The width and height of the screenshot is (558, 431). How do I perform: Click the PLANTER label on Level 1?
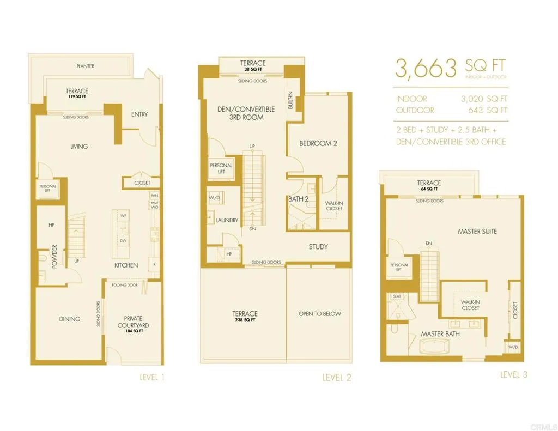pos(85,66)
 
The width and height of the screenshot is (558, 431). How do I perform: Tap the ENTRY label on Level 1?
pos(139,114)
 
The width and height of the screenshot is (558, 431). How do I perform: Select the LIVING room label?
pos(79,146)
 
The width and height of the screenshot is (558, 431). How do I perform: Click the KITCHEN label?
pos(126,265)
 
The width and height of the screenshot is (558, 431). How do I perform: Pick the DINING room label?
pos(70,319)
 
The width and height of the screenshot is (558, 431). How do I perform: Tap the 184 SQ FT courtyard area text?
pos(134,331)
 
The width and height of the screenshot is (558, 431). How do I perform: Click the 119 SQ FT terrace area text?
pos(77,96)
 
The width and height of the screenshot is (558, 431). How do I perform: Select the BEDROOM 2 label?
pos(318,143)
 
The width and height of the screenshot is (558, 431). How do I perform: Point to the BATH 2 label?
pos(298,199)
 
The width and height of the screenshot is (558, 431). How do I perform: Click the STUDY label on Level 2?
pos(318,247)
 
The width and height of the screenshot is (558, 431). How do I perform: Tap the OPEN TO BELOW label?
pos(319,313)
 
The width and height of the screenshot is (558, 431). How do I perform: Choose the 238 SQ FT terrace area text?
pos(245,320)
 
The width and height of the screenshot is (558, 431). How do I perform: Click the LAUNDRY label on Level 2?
pos(227,220)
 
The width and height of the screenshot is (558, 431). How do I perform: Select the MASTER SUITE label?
pos(477,231)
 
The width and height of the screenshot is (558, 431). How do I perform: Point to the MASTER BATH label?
pos(440,333)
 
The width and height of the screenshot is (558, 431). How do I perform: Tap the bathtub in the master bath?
pos(434,347)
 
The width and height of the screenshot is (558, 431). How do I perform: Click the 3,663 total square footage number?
pos(426,69)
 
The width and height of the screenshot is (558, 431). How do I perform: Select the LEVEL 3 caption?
pos(513,374)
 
